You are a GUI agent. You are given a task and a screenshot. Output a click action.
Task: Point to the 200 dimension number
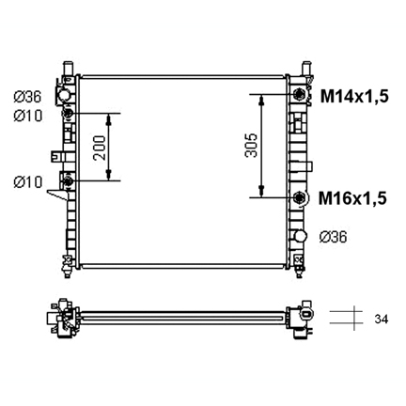99,146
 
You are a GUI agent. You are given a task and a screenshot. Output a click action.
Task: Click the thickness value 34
380,320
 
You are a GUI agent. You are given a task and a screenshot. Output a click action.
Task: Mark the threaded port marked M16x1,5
300,197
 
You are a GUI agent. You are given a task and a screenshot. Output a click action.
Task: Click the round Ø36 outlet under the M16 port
300,236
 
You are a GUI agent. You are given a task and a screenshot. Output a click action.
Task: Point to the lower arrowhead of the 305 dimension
260,193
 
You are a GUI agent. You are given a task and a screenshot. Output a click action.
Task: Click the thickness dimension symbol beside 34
343,319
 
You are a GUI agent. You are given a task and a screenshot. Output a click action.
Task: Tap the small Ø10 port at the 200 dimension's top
69,114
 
